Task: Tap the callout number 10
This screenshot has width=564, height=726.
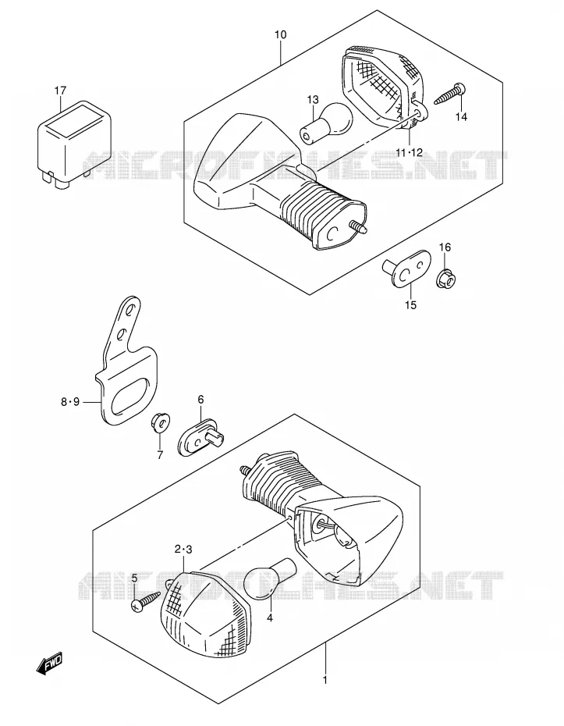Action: tap(280, 34)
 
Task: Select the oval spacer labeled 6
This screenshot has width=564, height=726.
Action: tap(201, 438)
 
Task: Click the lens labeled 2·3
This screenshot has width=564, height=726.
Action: tap(206, 612)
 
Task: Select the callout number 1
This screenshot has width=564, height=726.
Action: tap(325, 680)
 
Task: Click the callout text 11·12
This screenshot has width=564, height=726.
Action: tap(410, 152)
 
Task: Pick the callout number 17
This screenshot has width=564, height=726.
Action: tap(61, 91)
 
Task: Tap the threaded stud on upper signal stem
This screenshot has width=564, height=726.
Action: tap(357, 227)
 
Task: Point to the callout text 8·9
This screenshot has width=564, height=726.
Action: tap(70, 401)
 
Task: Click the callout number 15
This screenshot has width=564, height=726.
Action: tap(410, 304)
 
